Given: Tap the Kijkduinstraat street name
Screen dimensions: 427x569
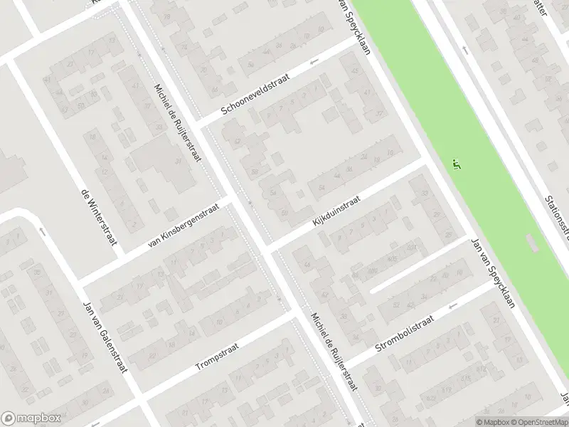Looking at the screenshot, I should pos(335,213).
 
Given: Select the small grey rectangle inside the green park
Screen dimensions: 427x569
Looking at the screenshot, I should pos(533,243).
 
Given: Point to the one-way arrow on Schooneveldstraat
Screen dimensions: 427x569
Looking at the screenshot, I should pos(315,63).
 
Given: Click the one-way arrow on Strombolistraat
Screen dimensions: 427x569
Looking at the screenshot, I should pos(452,305).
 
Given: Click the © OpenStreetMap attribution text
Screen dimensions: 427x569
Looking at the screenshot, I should pos(538,421).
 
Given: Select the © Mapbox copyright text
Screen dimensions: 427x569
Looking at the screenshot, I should pos(491,421).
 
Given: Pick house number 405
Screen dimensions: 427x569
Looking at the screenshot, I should pos(393,260).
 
